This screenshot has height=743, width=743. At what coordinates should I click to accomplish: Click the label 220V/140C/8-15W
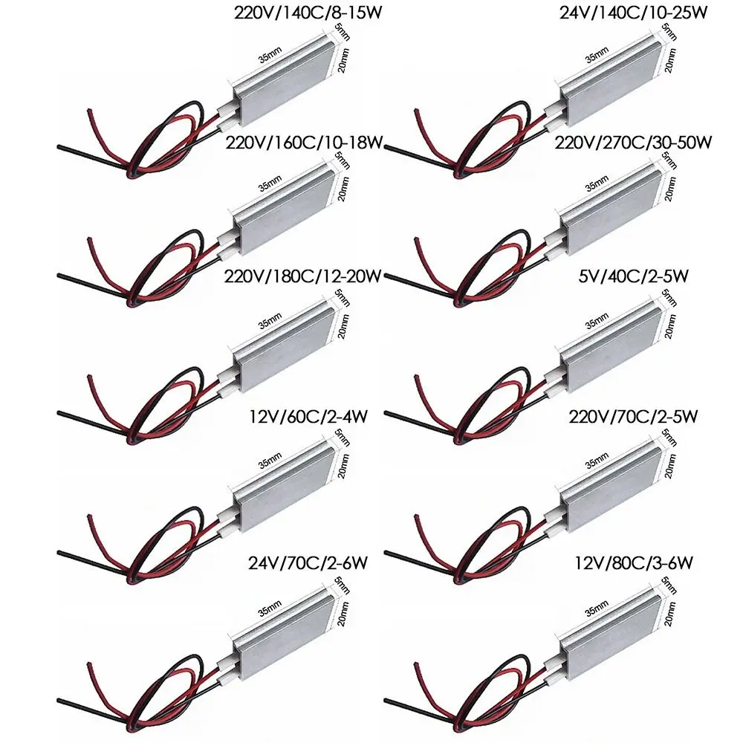click(x=308, y=13)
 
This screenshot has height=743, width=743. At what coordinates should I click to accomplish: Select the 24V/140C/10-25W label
click(x=634, y=13)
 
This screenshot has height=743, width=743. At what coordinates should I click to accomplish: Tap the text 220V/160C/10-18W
click(x=304, y=142)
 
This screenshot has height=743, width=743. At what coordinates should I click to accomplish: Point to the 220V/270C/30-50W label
click(x=633, y=142)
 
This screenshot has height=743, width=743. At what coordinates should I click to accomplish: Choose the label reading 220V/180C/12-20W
click(x=303, y=276)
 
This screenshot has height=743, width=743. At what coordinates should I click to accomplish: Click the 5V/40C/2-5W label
click(x=633, y=276)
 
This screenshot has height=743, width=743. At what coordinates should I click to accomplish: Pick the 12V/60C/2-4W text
click(x=308, y=417)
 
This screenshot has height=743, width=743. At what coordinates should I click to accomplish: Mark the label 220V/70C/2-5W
click(x=633, y=417)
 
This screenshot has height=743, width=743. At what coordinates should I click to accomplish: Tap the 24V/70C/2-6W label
click(x=308, y=563)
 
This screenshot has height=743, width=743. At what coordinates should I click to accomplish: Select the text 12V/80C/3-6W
click(x=634, y=563)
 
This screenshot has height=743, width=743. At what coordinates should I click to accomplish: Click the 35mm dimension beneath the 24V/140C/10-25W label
click(x=597, y=56)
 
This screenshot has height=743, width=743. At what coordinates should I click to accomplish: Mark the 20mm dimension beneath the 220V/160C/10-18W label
click(x=343, y=189)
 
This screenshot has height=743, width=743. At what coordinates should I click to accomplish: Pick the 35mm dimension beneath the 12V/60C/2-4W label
click(x=270, y=461)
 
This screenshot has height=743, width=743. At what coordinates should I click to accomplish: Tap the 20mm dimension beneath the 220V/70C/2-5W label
click(x=669, y=467)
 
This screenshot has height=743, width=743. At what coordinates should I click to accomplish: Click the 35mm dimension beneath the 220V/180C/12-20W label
click(x=270, y=321)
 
